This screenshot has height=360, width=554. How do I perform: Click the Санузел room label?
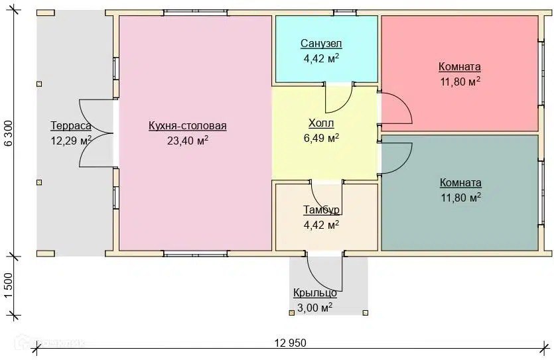click(321, 43)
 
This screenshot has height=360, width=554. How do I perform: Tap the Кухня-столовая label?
click(187, 126)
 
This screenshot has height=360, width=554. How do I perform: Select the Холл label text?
click(321, 123)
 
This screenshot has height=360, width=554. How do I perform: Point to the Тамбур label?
click(322, 210)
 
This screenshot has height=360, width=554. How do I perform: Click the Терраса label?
click(71, 126)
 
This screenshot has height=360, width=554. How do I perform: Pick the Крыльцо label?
click(314, 293)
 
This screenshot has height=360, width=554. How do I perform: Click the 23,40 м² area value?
click(187, 141)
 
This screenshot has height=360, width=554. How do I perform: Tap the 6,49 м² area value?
click(321, 138)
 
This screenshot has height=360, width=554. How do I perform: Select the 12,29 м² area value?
click(71, 141)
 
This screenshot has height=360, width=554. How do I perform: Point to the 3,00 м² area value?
click(314, 308)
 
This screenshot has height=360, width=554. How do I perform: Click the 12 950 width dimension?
click(290, 342)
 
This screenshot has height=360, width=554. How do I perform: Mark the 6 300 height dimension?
click(9, 133)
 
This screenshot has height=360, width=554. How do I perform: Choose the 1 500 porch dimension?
click(9, 286)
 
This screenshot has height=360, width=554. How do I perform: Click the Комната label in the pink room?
click(460, 66)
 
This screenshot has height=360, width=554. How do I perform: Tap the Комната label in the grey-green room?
click(460, 182)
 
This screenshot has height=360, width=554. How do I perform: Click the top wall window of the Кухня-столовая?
click(195, 13)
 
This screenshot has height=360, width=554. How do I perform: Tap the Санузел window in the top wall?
click(346, 13)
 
